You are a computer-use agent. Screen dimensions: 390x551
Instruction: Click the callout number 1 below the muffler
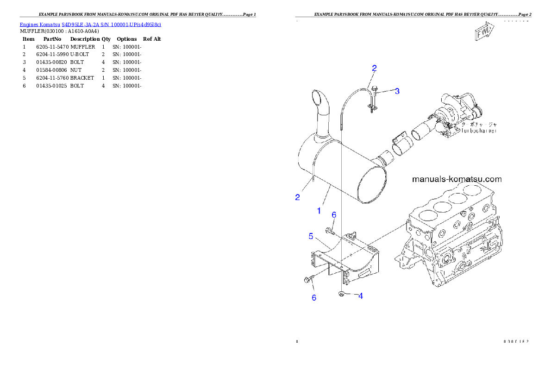319,211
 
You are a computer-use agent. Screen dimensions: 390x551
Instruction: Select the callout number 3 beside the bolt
397,91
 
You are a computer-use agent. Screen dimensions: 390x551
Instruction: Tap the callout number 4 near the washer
360,296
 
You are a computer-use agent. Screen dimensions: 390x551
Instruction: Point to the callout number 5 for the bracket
312,236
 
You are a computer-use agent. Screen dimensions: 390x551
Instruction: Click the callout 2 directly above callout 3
374,69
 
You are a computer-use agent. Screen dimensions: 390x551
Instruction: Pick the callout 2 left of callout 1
298,197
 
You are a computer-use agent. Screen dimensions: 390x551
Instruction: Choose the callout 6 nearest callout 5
333,214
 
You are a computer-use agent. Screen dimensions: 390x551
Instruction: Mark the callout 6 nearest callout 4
314,297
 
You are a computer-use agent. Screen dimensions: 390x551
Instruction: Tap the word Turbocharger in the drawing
479,131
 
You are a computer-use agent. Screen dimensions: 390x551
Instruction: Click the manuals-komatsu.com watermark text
457,179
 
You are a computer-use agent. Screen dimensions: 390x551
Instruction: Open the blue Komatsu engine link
90,24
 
